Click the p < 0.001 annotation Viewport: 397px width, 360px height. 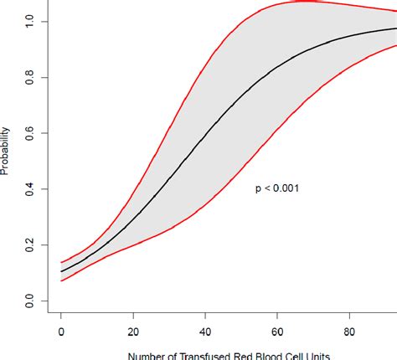click(x=277, y=189)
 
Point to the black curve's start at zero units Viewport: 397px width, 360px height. click(x=61, y=270)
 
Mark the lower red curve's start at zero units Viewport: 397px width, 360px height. click(x=61, y=280)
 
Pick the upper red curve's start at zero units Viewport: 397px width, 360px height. click(x=61, y=262)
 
